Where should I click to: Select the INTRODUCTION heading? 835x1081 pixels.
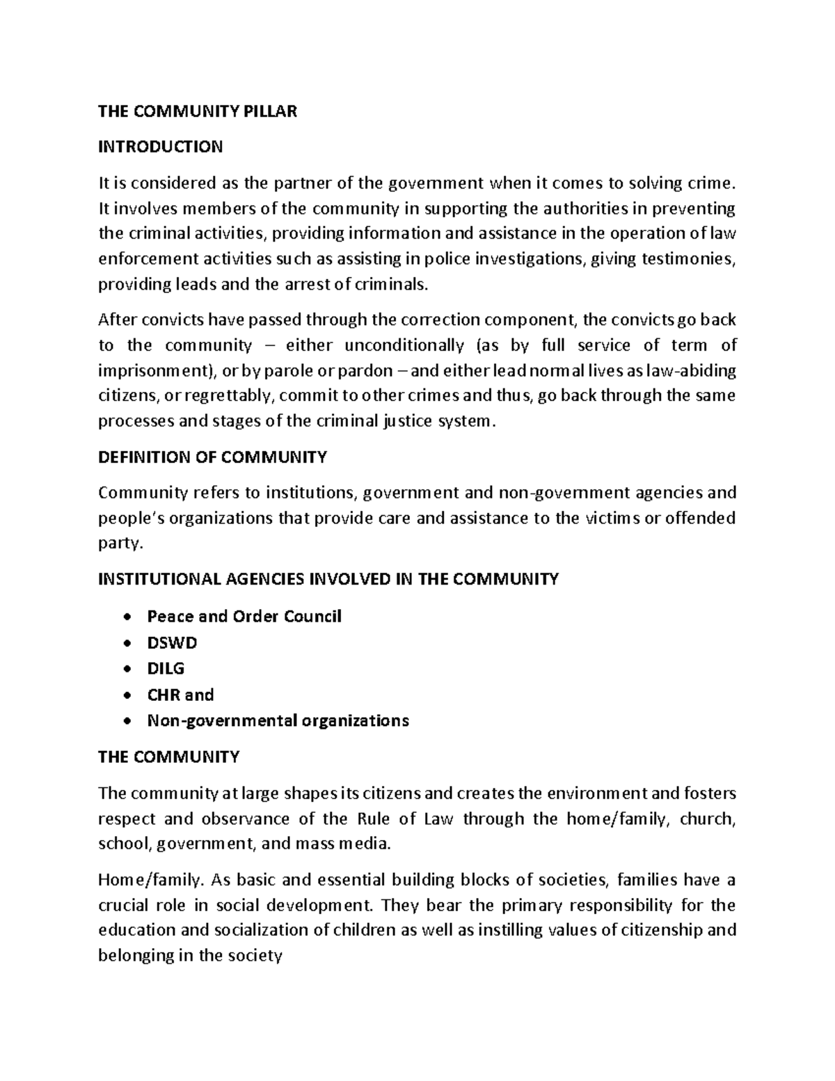point(160,147)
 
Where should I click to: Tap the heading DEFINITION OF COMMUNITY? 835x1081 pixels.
point(212,457)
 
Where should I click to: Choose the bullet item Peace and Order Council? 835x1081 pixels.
point(244,617)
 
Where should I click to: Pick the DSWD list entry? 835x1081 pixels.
point(172,642)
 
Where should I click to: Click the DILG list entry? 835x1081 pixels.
point(166,669)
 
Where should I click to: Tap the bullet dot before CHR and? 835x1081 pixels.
point(126,695)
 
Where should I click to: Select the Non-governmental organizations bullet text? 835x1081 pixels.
point(278,720)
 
